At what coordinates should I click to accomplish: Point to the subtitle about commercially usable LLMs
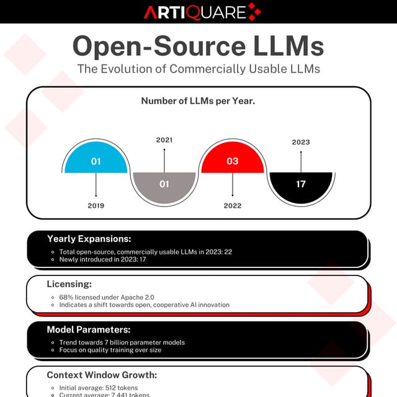tap(198, 68)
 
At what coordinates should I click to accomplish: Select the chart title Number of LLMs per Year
tap(198, 101)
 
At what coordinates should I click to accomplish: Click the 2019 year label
tap(96, 205)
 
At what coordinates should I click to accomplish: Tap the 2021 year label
tap(164, 140)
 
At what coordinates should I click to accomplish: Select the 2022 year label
tap(233, 205)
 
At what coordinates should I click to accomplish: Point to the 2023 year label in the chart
tap(301, 142)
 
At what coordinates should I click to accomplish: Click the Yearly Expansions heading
tap(89, 239)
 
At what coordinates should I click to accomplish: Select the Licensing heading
tap(69, 283)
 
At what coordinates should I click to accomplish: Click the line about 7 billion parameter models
tap(122, 342)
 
